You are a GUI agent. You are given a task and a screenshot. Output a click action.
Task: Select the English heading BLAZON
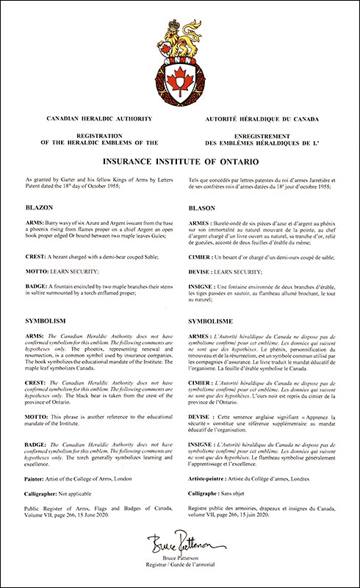coord(39,208)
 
